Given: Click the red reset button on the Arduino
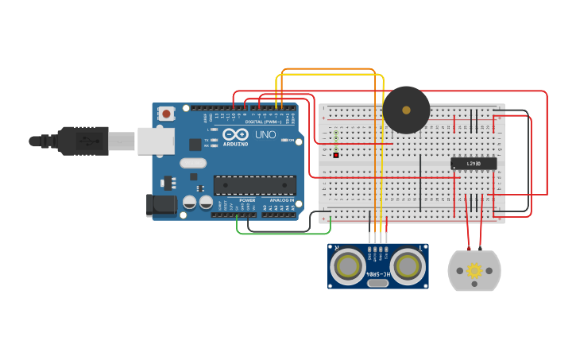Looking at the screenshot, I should pyautogui.click(x=166, y=114).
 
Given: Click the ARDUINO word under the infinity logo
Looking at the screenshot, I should pyautogui.click(x=235, y=144).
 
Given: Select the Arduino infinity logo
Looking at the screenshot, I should pyautogui.click(x=235, y=134).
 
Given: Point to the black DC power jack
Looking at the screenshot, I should pyautogui.click(x=162, y=205).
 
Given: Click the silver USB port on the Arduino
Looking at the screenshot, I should pyautogui.click(x=156, y=141).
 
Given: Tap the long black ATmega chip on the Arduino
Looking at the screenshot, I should pyautogui.click(x=254, y=185).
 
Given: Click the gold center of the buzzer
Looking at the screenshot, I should pyautogui.click(x=406, y=110).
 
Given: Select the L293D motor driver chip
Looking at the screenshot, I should pyautogui.click(x=474, y=163).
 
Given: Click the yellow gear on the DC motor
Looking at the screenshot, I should pyautogui.click(x=474, y=271).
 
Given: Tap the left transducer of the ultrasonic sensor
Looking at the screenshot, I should pyautogui.click(x=349, y=267).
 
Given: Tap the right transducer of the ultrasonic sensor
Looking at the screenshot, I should pyautogui.click(x=408, y=267).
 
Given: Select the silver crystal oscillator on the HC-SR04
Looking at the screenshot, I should pyautogui.click(x=378, y=283).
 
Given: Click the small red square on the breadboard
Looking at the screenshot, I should pyautogui.click(x=336, y=155).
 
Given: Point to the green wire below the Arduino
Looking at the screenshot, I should pyautogui.click(x=283, y=234).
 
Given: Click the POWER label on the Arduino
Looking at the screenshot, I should pyautogui.click(x=247, y=200).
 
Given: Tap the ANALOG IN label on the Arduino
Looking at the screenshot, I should pyautogui.click(x=280, y=200).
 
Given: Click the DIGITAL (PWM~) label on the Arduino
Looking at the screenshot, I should pyautogui.click(x=264, y=122).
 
